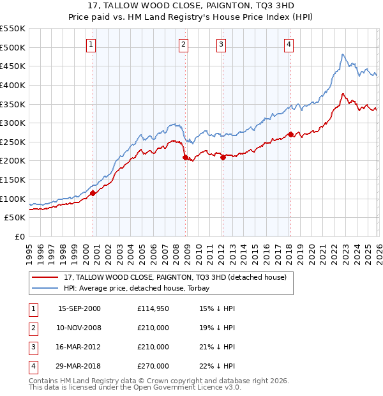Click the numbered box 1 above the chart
(92, 44)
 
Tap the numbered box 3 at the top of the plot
(221, 44)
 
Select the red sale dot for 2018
(290, 134)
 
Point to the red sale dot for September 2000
(93, 193)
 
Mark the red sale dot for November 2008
(185, 157)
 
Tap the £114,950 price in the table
(153, 308)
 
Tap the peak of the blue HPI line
(343, 55)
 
